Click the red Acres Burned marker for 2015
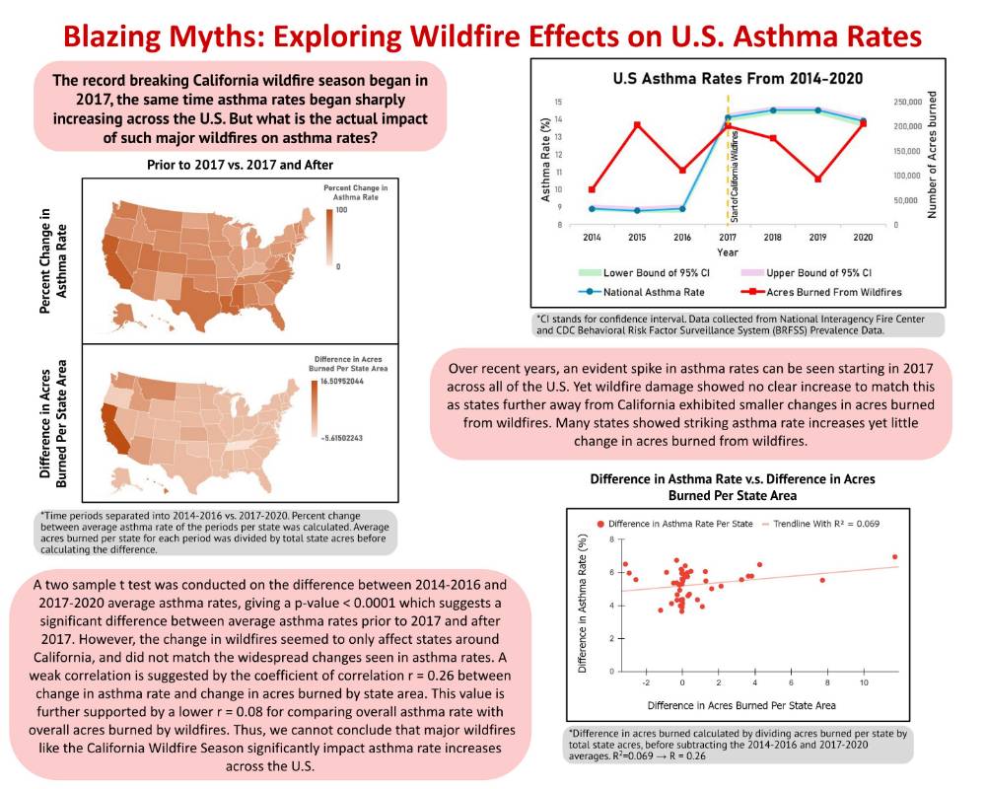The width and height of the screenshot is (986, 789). point(638,124)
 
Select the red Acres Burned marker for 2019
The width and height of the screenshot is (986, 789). point(817,179)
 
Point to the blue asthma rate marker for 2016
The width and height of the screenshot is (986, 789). point(682,208)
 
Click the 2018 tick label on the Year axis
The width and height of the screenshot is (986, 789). point(773,238)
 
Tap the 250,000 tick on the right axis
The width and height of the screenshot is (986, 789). point(907,102)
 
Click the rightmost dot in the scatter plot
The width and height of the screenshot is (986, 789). point(894,557)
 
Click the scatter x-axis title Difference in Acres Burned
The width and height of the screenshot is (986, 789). point(741,705)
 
